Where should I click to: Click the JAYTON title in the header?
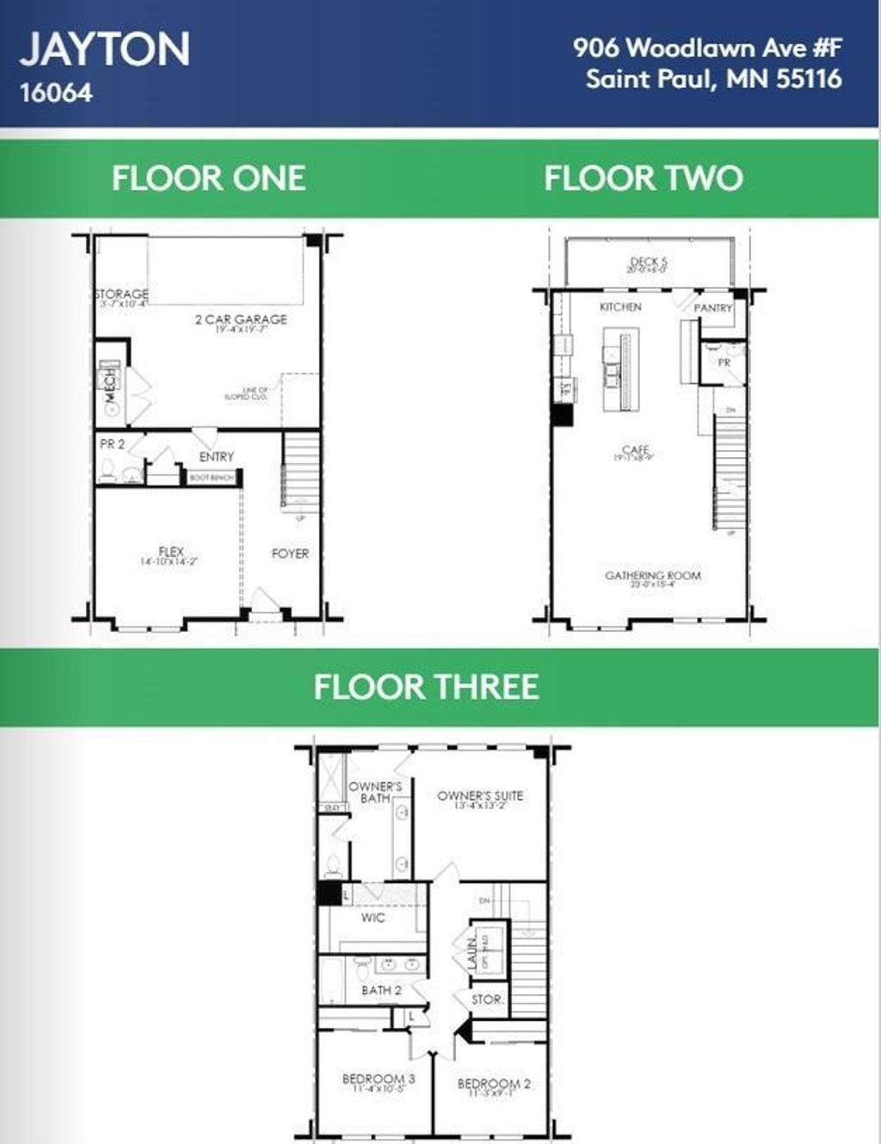coord(105,49)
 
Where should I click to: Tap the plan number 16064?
coord(56,93)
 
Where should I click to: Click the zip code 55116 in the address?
coord(809,79)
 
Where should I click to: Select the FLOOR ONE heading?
coord(208,178)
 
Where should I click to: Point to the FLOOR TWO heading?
coord(643,178)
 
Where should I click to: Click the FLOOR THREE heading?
coord(427,687)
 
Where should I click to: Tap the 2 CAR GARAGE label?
coord(241,319)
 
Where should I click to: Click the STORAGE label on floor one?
coord(121,294)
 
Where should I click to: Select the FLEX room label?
coord(171,551)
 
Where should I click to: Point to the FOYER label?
coord(290,553)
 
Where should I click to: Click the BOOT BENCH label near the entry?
coord(212,478)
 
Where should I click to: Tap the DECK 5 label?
coord(649,262)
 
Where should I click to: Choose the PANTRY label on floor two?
coord(712,307)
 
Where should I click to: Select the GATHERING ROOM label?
coord(652,575)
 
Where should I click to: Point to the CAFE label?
coord(635,450)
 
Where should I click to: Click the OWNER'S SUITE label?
coord(480,795)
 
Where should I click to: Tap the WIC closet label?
coord(373,918)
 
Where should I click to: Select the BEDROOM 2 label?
coord(494,1083)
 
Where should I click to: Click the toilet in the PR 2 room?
coord(109,470)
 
